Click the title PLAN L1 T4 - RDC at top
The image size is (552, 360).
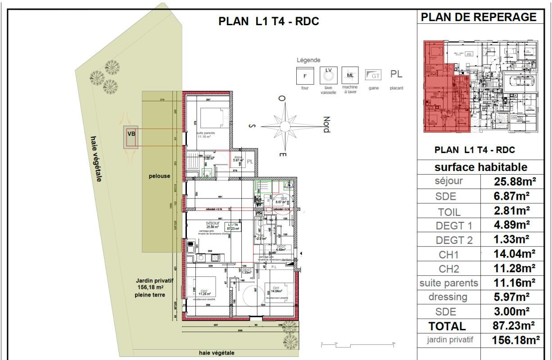(268, 22)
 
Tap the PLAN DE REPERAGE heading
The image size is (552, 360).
(480, 18)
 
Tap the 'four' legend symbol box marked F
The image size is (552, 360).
(305, 76)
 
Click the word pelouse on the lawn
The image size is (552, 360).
(159, 176)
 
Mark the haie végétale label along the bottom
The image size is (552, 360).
(217, 353)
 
